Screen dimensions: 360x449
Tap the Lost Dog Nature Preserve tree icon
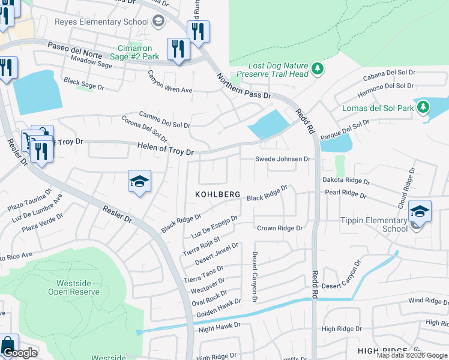[318, 70]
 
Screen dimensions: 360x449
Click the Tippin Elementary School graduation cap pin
[420, 212]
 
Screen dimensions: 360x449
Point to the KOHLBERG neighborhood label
[218, 195]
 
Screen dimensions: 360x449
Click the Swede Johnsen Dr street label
[283, 159]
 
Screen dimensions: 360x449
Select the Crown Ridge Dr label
[280, 228]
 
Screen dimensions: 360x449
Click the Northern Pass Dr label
[244, 86]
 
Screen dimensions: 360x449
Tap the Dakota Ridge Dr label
[346, 181]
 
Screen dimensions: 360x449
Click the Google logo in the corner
[20, 353]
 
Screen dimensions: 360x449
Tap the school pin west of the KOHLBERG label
[139, 182]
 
